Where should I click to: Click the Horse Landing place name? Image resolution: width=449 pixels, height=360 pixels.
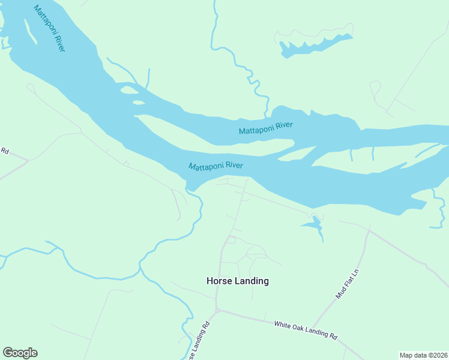[x=237, y=281]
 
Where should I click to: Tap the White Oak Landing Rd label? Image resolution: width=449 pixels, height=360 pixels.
[x=306, y=329]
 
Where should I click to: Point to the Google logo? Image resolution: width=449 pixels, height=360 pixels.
[x=20, y=353]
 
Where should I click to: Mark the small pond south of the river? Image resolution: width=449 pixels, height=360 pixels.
[x=313, y=226]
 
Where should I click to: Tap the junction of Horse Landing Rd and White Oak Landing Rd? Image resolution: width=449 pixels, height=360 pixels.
[x=217, y=310]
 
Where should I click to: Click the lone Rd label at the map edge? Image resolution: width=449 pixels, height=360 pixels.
[x=5, y=151]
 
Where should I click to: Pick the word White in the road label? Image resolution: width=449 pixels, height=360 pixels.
[x=283, y=325]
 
